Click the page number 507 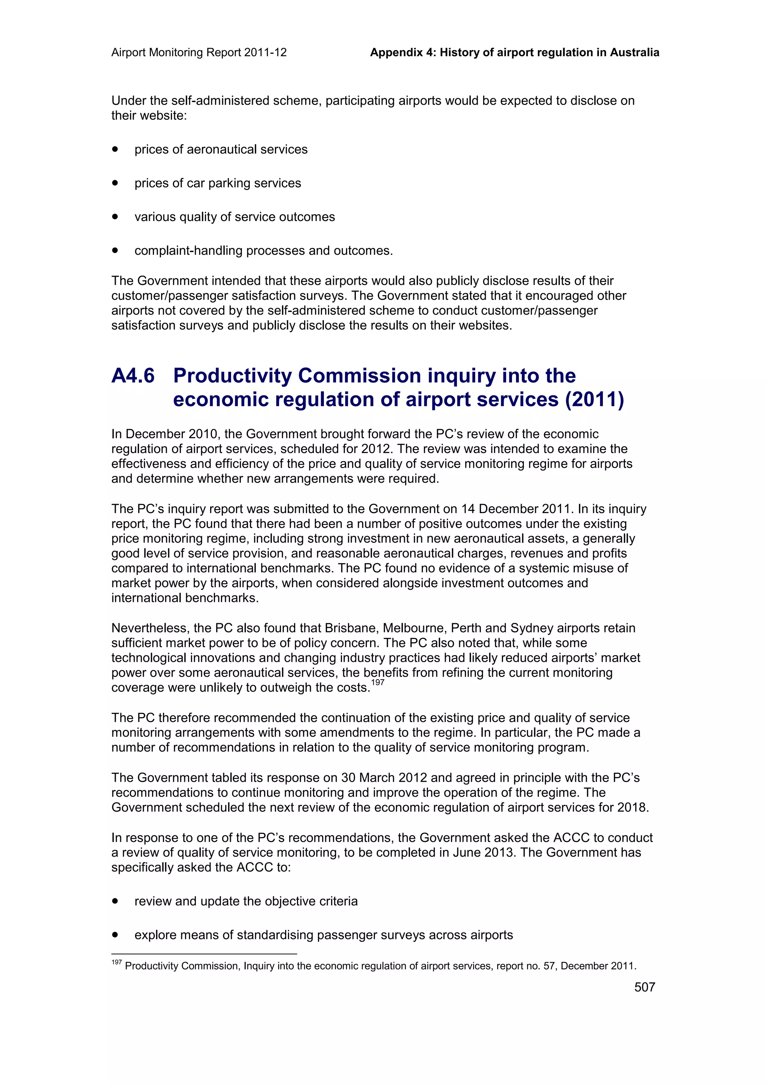(644, 987)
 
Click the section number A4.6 (133, 376)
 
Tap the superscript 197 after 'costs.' (378, 682)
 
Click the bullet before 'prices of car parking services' (115, 182)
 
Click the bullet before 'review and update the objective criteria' (115, 901)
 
